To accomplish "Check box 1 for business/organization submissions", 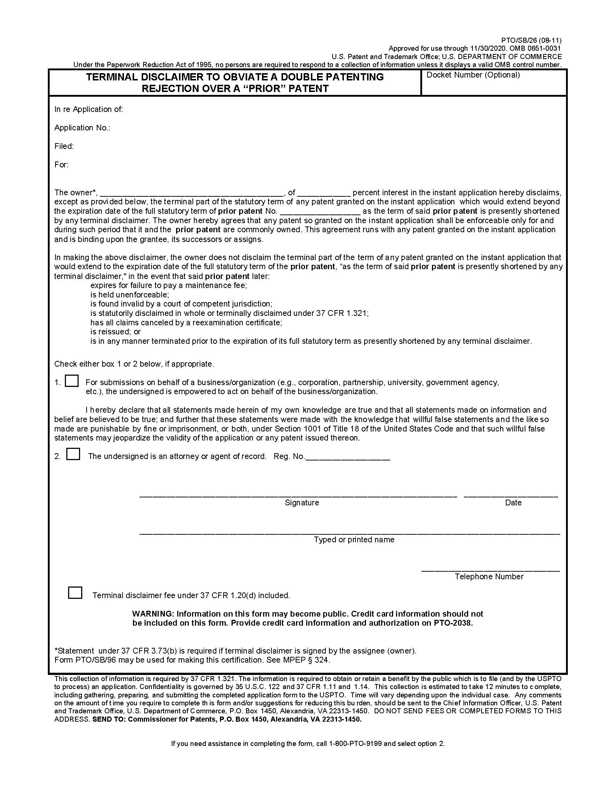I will click(71, 381).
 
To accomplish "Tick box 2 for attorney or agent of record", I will click(73, 454).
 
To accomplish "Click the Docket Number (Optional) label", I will click(473, 75).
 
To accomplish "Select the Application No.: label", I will click(82, 128).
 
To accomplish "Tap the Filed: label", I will click(64, 146).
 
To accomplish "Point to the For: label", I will click(61, 164).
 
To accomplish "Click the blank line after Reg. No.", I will click(347, 457).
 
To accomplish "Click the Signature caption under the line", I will click(302, 503).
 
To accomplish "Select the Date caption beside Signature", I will click(513, 503).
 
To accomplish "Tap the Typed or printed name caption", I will click(354, 540).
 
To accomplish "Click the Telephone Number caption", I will click(489, 577).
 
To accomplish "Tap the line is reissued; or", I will click(115, 332).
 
